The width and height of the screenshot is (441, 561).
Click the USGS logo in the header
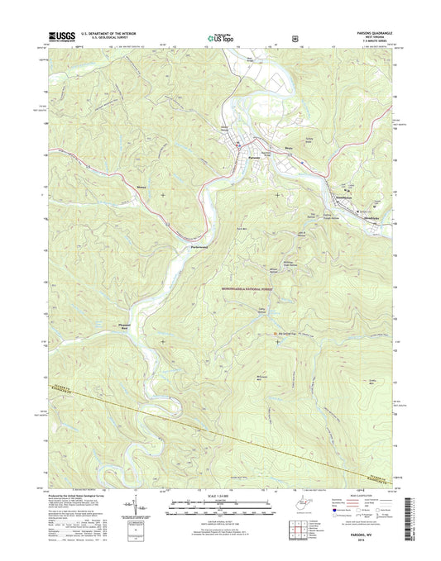[60, 36]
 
